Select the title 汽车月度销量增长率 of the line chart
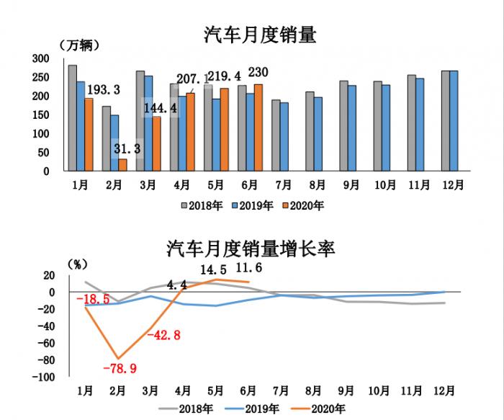tap(251, 249)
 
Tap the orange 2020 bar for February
tap(122, 165)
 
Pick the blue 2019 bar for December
tap(454, 121)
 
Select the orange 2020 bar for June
tap(258, 128)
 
